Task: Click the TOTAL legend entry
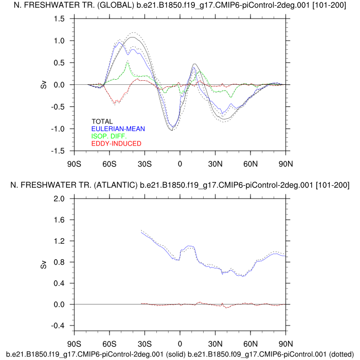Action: coord(102,121)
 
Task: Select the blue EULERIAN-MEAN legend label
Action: coord(116,129)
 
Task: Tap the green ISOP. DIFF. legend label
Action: coord(109,136)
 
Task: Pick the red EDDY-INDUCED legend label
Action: coord(116,143)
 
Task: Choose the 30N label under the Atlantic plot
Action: coord(215,344)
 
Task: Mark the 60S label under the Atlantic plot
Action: coord(110,344)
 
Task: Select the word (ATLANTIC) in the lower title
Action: coord(113,185)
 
